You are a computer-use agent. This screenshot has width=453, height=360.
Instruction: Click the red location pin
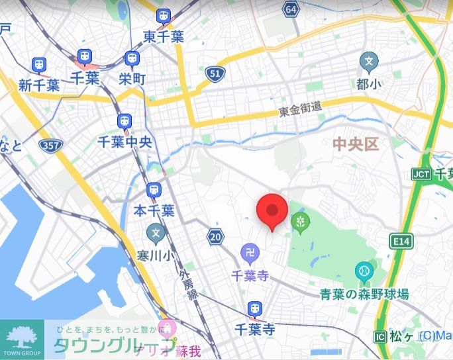pos(272,211)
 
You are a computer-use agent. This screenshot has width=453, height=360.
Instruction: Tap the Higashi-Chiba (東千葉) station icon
pos(163,18)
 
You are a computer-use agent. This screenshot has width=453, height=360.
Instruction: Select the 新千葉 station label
pos(39,85)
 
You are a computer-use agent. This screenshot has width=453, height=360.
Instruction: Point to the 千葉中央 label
pos(125,141)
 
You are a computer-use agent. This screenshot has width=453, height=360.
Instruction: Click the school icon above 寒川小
pos(155,233)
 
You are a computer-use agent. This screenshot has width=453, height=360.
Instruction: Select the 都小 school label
pos(369,84)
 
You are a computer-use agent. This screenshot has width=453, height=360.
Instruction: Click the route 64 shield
pos(290,9)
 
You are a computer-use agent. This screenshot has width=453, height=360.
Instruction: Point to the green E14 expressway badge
pos(401,242)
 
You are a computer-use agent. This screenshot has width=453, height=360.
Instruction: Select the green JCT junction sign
pos(421,173)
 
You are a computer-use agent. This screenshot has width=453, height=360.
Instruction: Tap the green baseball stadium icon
pos(364,271)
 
